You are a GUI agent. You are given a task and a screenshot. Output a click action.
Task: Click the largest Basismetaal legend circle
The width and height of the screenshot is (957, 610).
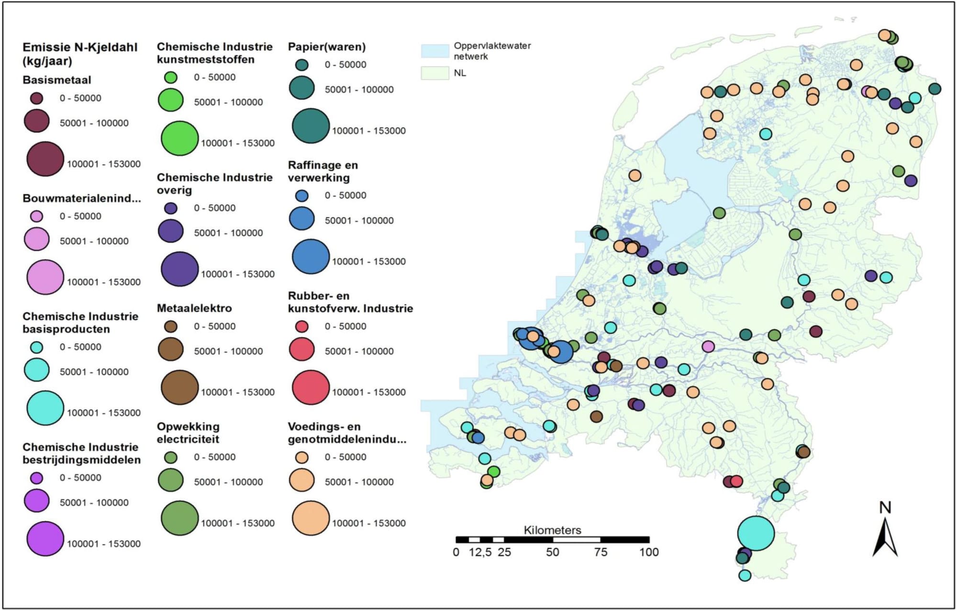click(x=45, y=159)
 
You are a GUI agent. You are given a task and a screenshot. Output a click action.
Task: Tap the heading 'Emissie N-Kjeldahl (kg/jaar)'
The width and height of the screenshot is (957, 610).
click(x=80, y=54)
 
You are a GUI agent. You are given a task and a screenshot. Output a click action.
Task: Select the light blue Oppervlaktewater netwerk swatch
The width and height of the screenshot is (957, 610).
click(x=435, y=51)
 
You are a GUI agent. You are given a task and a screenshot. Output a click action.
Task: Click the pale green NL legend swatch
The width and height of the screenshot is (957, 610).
click(x=435, y=73)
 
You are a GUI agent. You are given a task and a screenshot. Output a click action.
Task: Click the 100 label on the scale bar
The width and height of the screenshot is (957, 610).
click(x=649, y=552)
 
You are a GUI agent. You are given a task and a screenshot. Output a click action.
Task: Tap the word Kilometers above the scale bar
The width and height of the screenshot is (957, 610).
click(x=552, y=530)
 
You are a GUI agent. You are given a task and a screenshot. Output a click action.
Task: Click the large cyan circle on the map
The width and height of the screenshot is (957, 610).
click(x=756, y=533)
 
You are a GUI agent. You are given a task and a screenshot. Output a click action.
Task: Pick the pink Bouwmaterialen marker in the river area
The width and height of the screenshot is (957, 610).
click(x=708, y=346)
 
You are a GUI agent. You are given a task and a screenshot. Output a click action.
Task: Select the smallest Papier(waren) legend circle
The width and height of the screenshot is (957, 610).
click(x=302, y=65)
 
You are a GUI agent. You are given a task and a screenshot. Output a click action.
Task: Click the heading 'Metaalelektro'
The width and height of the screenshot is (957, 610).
click(x=194, y=308)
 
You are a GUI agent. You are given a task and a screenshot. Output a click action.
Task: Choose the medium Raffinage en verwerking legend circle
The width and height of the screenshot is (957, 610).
click(x=302, y=219)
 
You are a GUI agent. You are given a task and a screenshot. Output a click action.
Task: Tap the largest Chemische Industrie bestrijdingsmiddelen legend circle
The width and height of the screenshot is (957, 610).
click(x=45, y=539)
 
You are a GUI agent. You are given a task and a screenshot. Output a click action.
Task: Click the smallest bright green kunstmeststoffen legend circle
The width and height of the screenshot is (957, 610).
click(x=171, y=78)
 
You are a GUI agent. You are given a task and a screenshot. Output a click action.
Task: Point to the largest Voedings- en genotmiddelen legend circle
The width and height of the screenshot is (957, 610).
click(x=311, y=518)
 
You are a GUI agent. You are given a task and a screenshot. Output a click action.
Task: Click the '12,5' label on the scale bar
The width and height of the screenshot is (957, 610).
click(x=480, y=552)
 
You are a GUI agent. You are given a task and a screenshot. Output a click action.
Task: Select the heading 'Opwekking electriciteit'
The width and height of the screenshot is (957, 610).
click(x=188, y=433)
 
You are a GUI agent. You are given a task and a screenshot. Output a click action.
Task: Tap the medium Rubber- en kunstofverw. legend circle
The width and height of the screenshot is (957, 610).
click(x=302, y=350)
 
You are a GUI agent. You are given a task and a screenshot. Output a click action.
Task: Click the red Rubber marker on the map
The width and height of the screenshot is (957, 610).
click(x=736, y=481)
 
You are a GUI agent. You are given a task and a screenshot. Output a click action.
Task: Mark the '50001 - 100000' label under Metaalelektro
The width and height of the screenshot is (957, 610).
click(x=228, y=351)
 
